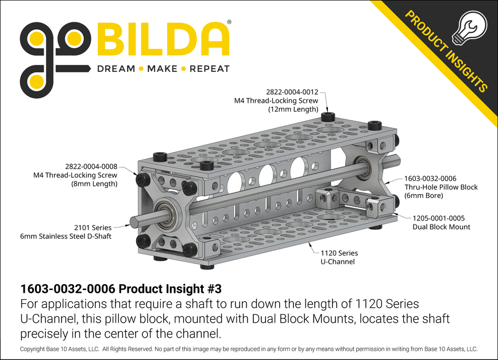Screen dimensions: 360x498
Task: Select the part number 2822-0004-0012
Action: [291, 92]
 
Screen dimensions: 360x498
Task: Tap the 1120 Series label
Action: [339, 253]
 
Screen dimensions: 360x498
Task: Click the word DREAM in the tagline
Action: [115, 69]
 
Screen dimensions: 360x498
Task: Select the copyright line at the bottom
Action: [249, 349]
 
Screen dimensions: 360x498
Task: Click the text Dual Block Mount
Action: [441, 227]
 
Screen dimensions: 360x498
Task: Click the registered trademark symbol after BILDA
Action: [230, 22]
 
